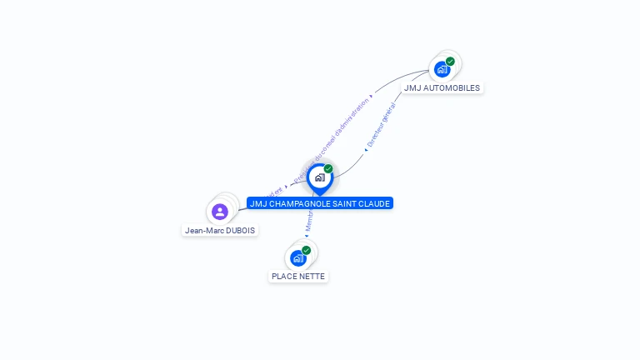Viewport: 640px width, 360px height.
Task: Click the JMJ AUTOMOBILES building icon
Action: [x=442, y=69]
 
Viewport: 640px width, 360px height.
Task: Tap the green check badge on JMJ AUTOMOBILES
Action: [x=450, y=62]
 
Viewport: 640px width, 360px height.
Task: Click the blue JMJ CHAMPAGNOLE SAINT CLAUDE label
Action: [x=320, y=203]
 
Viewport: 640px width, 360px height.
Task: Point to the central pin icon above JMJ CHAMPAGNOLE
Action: [x=319, y=177]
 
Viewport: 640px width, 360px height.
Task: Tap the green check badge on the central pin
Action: [x=328, y=169]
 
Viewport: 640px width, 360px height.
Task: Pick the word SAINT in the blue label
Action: [x=350, y=203]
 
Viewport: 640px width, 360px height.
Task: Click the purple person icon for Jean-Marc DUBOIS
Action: [x=220, y=212]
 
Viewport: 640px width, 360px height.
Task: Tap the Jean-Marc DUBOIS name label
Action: [x=221, y=230]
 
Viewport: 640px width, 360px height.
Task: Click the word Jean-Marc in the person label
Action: [x=203, y=230]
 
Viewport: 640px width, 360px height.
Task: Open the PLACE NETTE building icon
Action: [x=297, y=258]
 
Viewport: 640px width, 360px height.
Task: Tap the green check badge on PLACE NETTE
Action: [x=306, y=250]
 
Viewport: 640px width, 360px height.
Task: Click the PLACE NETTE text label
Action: [x=298, y=276]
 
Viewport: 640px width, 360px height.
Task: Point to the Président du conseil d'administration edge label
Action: [x=332, y=134]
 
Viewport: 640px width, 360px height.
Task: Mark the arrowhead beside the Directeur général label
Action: [x=366, y=150]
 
